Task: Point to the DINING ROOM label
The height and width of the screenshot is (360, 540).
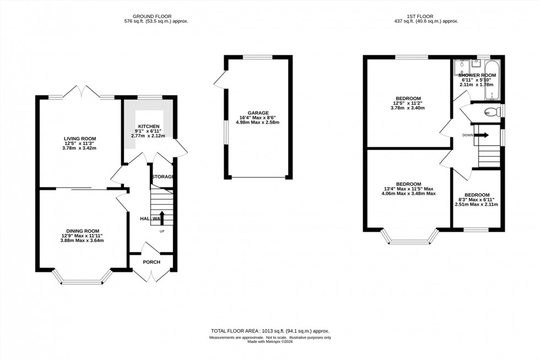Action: click(x=83, y=231)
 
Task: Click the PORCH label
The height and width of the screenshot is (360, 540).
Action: click(x=152, y=262)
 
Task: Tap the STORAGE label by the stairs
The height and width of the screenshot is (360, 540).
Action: click(x=163, y=177)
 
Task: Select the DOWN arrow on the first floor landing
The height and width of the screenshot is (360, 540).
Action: click(x=482, y=135)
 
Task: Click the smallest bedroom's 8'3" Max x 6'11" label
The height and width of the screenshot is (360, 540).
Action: click(x=476, y=195)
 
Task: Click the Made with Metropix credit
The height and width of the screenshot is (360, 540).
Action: click(x=269, y=342)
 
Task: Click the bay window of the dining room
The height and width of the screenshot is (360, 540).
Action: click(x=82, y=282)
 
